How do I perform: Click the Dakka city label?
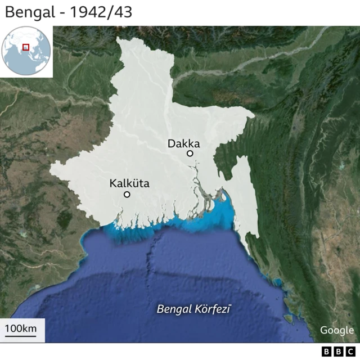point(183,144)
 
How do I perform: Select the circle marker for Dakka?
point(190,153)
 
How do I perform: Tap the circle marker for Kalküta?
point(127,194)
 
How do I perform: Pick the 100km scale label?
point(21,328)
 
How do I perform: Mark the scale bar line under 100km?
point(21,337)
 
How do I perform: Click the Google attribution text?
point(337,330)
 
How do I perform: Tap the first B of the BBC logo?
point(326,352)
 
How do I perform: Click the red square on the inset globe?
point(25,47)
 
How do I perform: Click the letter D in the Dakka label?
point(171,144)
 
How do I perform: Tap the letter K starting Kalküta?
point(113,183)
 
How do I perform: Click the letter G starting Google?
point(324,330)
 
